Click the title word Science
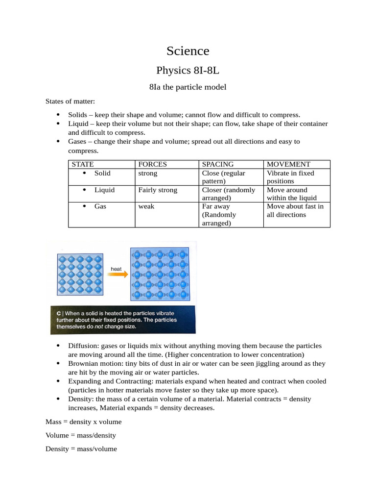pos(188,50)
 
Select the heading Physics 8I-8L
pos(188,70)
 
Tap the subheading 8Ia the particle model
pos(188,87)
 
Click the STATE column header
pos(83,165)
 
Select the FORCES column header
pos(153,165)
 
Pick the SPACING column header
pos(218,165)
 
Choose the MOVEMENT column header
pos(288,165)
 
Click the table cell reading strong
pos(148,174)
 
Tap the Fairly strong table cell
pos(158,190)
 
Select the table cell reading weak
pos(146,207)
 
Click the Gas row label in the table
pos(100,207)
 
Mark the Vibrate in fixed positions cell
pos(290,177)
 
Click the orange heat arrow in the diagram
pos(117,276)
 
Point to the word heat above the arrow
pos(116,269)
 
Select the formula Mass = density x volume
pos(84,422)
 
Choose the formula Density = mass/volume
pos(81,449)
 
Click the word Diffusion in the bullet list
pos(83,346)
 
